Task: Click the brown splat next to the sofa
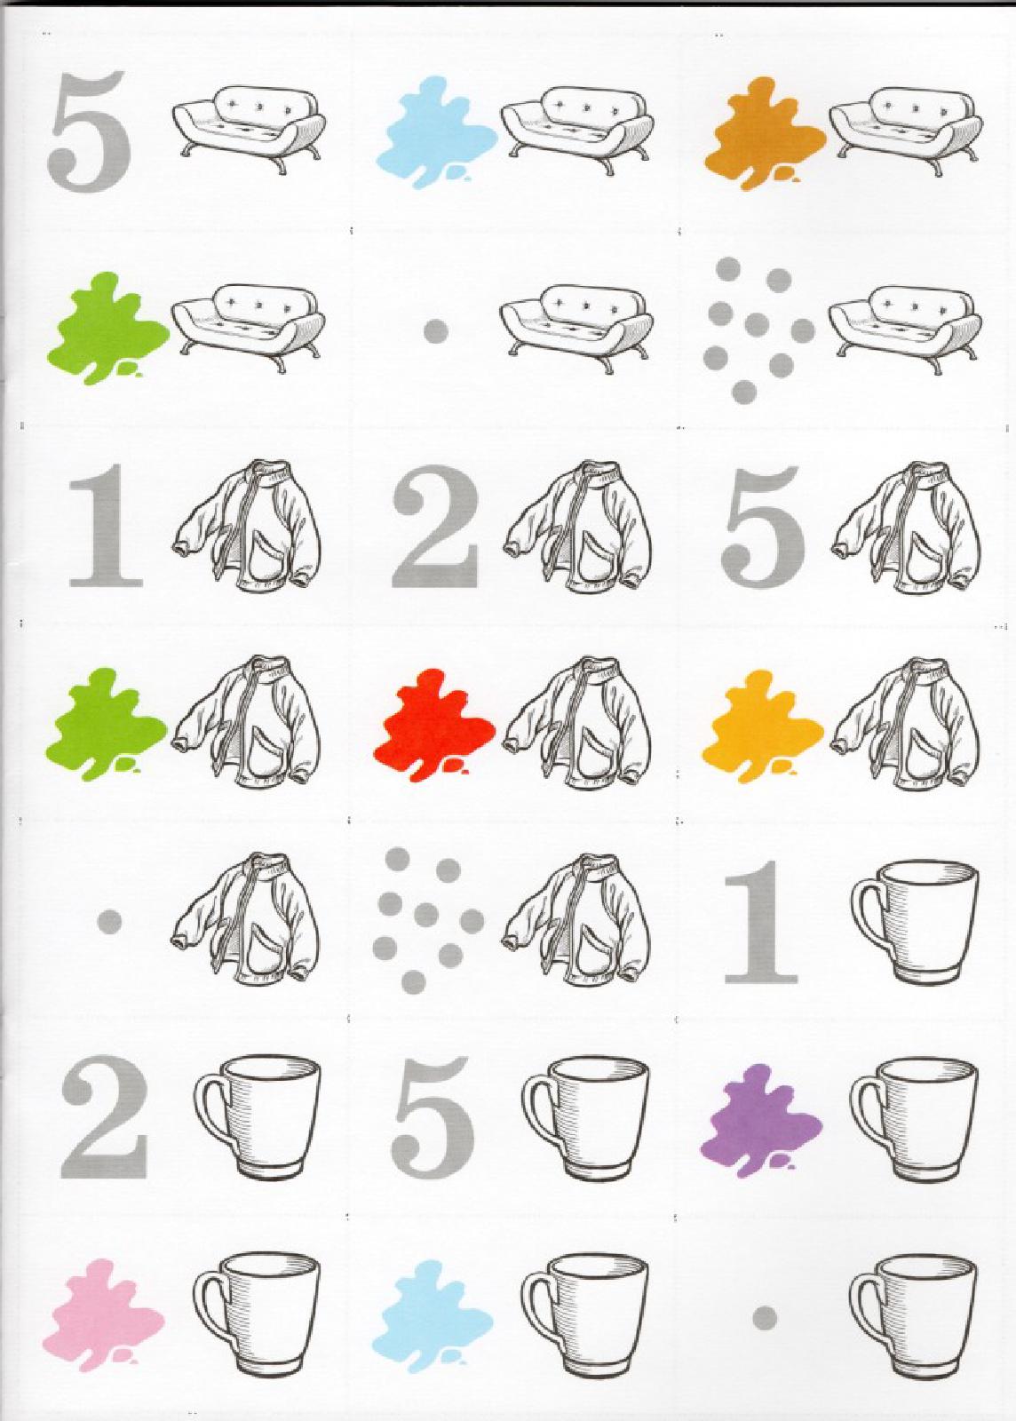tap(765, 133)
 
